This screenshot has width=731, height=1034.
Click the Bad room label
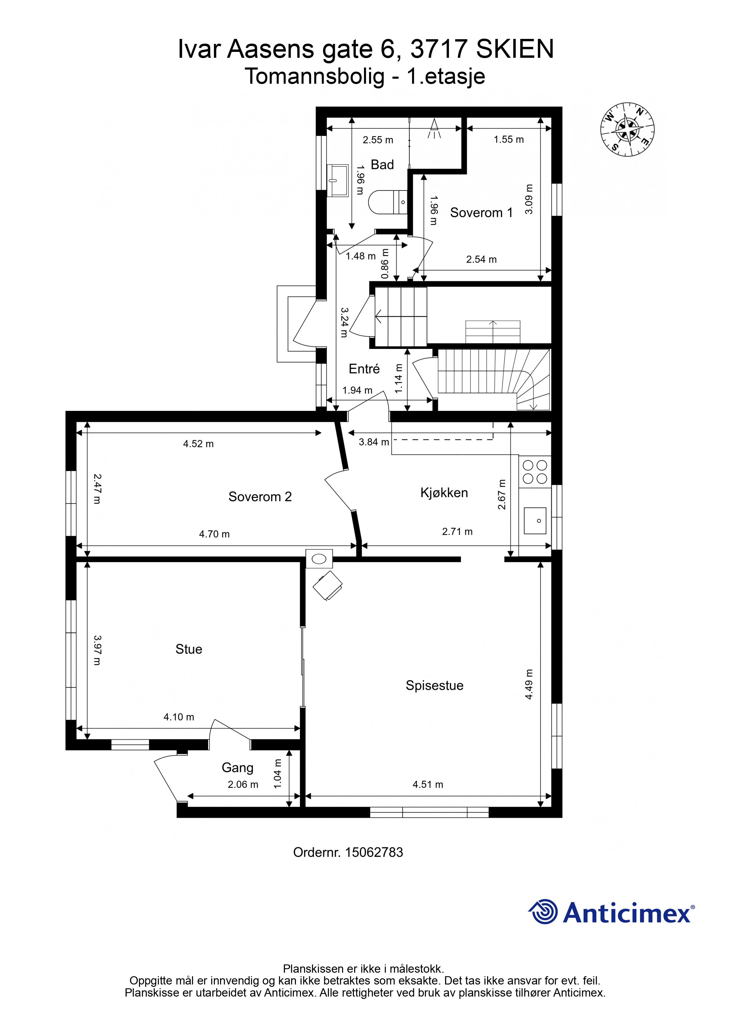click(x=382, y=165)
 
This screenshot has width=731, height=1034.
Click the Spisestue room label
click(x=435, y=685)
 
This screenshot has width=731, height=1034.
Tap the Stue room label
click(x=189, y=649)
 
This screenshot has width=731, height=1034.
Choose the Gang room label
click(x=237, y=768)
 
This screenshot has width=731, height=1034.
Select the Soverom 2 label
click(x=260, y=497)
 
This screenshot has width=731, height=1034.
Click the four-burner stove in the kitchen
click(x=535, y=472)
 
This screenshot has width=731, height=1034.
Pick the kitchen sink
click(x=535, y=521)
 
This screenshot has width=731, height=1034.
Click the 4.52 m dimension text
click(x=198, y=444)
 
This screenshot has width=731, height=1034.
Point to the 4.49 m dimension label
click(x=529, y=684)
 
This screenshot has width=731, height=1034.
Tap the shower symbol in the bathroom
click(x=434, y=129)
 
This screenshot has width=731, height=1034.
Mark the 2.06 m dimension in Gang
click(x=243, y=785)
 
